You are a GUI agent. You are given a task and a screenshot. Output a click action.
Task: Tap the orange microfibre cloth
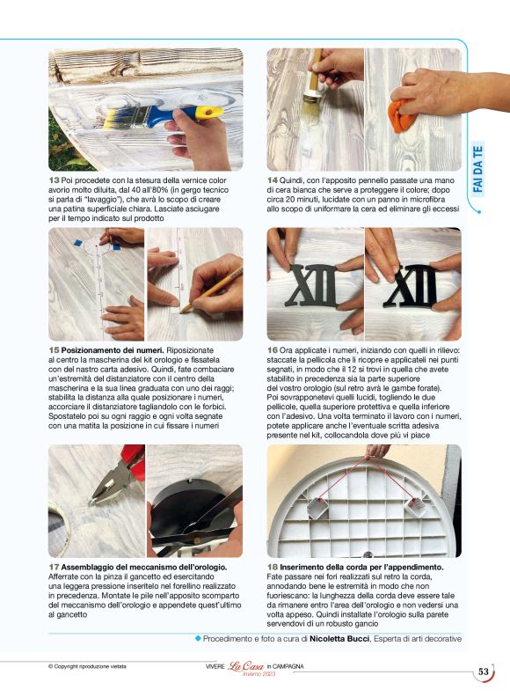402,115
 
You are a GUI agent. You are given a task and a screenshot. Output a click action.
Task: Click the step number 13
54,180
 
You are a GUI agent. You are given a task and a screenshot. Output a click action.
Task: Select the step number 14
273,180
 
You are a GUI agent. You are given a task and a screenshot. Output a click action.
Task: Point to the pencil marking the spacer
211,290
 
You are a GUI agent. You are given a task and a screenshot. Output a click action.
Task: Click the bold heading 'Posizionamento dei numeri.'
113,350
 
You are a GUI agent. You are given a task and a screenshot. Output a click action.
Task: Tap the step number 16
273,350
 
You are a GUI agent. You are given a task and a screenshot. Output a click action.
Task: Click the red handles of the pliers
133,461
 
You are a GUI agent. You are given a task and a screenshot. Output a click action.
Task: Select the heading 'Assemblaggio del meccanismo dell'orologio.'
144,568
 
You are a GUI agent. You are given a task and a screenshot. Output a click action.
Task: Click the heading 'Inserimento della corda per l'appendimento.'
361,568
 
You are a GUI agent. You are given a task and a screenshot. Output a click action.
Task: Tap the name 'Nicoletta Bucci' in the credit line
339,639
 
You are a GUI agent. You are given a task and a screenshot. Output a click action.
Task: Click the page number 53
484,671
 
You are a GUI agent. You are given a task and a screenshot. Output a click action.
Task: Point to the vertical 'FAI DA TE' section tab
477,169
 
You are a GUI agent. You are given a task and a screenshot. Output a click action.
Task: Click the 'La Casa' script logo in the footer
245,666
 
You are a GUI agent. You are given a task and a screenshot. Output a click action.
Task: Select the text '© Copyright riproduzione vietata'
87,666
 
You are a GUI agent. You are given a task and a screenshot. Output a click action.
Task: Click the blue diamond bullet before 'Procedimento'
198,639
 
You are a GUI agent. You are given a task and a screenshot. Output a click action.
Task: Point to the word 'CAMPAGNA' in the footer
288,666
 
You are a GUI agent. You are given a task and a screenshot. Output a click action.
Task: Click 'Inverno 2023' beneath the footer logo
259,674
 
